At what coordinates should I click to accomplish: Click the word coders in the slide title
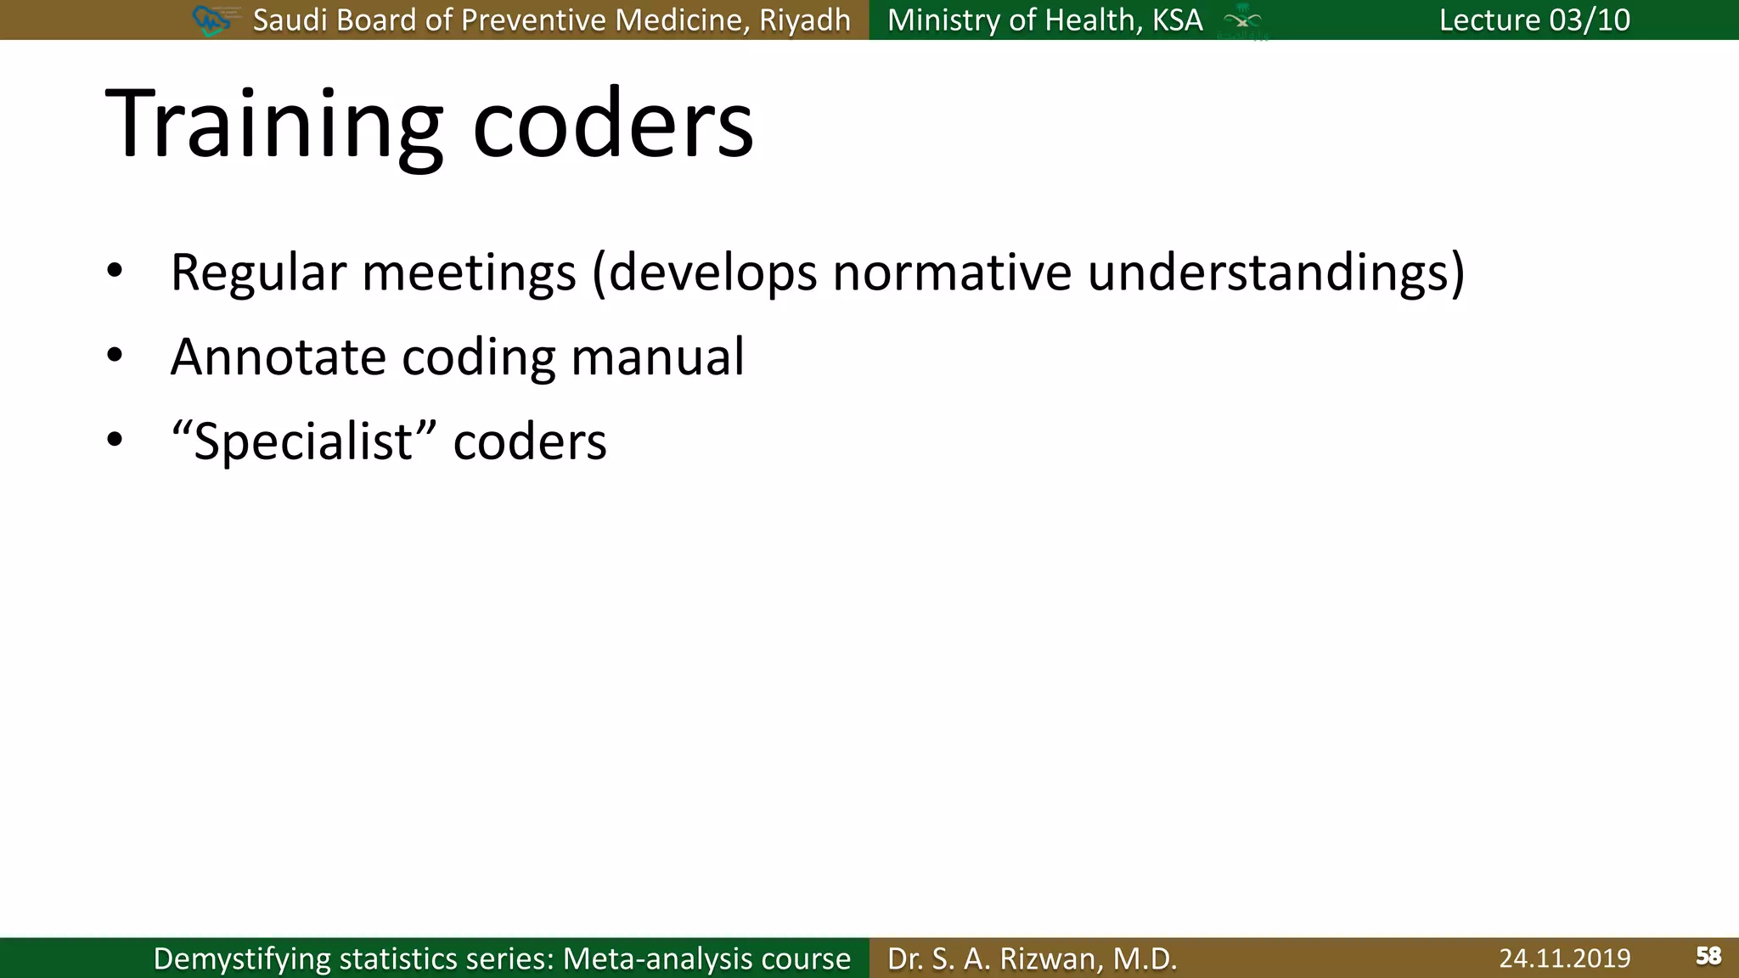(612, 126)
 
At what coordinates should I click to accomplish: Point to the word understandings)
(1275, 273)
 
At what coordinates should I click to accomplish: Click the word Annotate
(279, 357)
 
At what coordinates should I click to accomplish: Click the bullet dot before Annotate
(115, 356)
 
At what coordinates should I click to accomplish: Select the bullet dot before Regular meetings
(115, 272)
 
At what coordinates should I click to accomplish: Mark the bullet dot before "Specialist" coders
(115, 440)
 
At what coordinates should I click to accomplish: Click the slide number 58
(1708, 957)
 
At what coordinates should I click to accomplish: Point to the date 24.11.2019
(1564, 958)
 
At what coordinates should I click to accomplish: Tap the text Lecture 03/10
(1534, 20)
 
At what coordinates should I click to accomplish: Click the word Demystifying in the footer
(242, 959)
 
